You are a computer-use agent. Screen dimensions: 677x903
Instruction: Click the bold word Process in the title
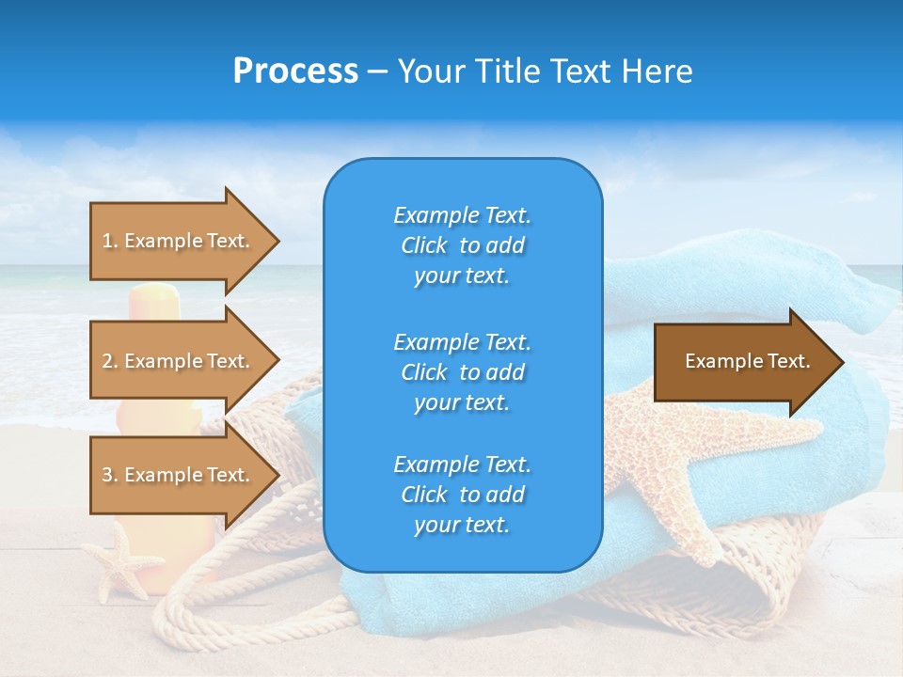tap(295, 71)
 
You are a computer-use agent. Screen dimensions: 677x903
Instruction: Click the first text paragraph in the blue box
tap(462, 245)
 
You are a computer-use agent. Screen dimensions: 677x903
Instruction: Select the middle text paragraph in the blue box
tap(462, 371)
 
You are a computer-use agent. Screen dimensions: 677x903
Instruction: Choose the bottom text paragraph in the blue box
tap(462, 495)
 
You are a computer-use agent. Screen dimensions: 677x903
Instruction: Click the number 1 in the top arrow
tap(107, 241)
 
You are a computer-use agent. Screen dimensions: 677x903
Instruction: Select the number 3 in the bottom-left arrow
tap(107, 475)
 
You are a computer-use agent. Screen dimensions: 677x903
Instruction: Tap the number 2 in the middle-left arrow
tap(107, 361)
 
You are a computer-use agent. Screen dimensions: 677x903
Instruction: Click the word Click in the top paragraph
tap(424, 245)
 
